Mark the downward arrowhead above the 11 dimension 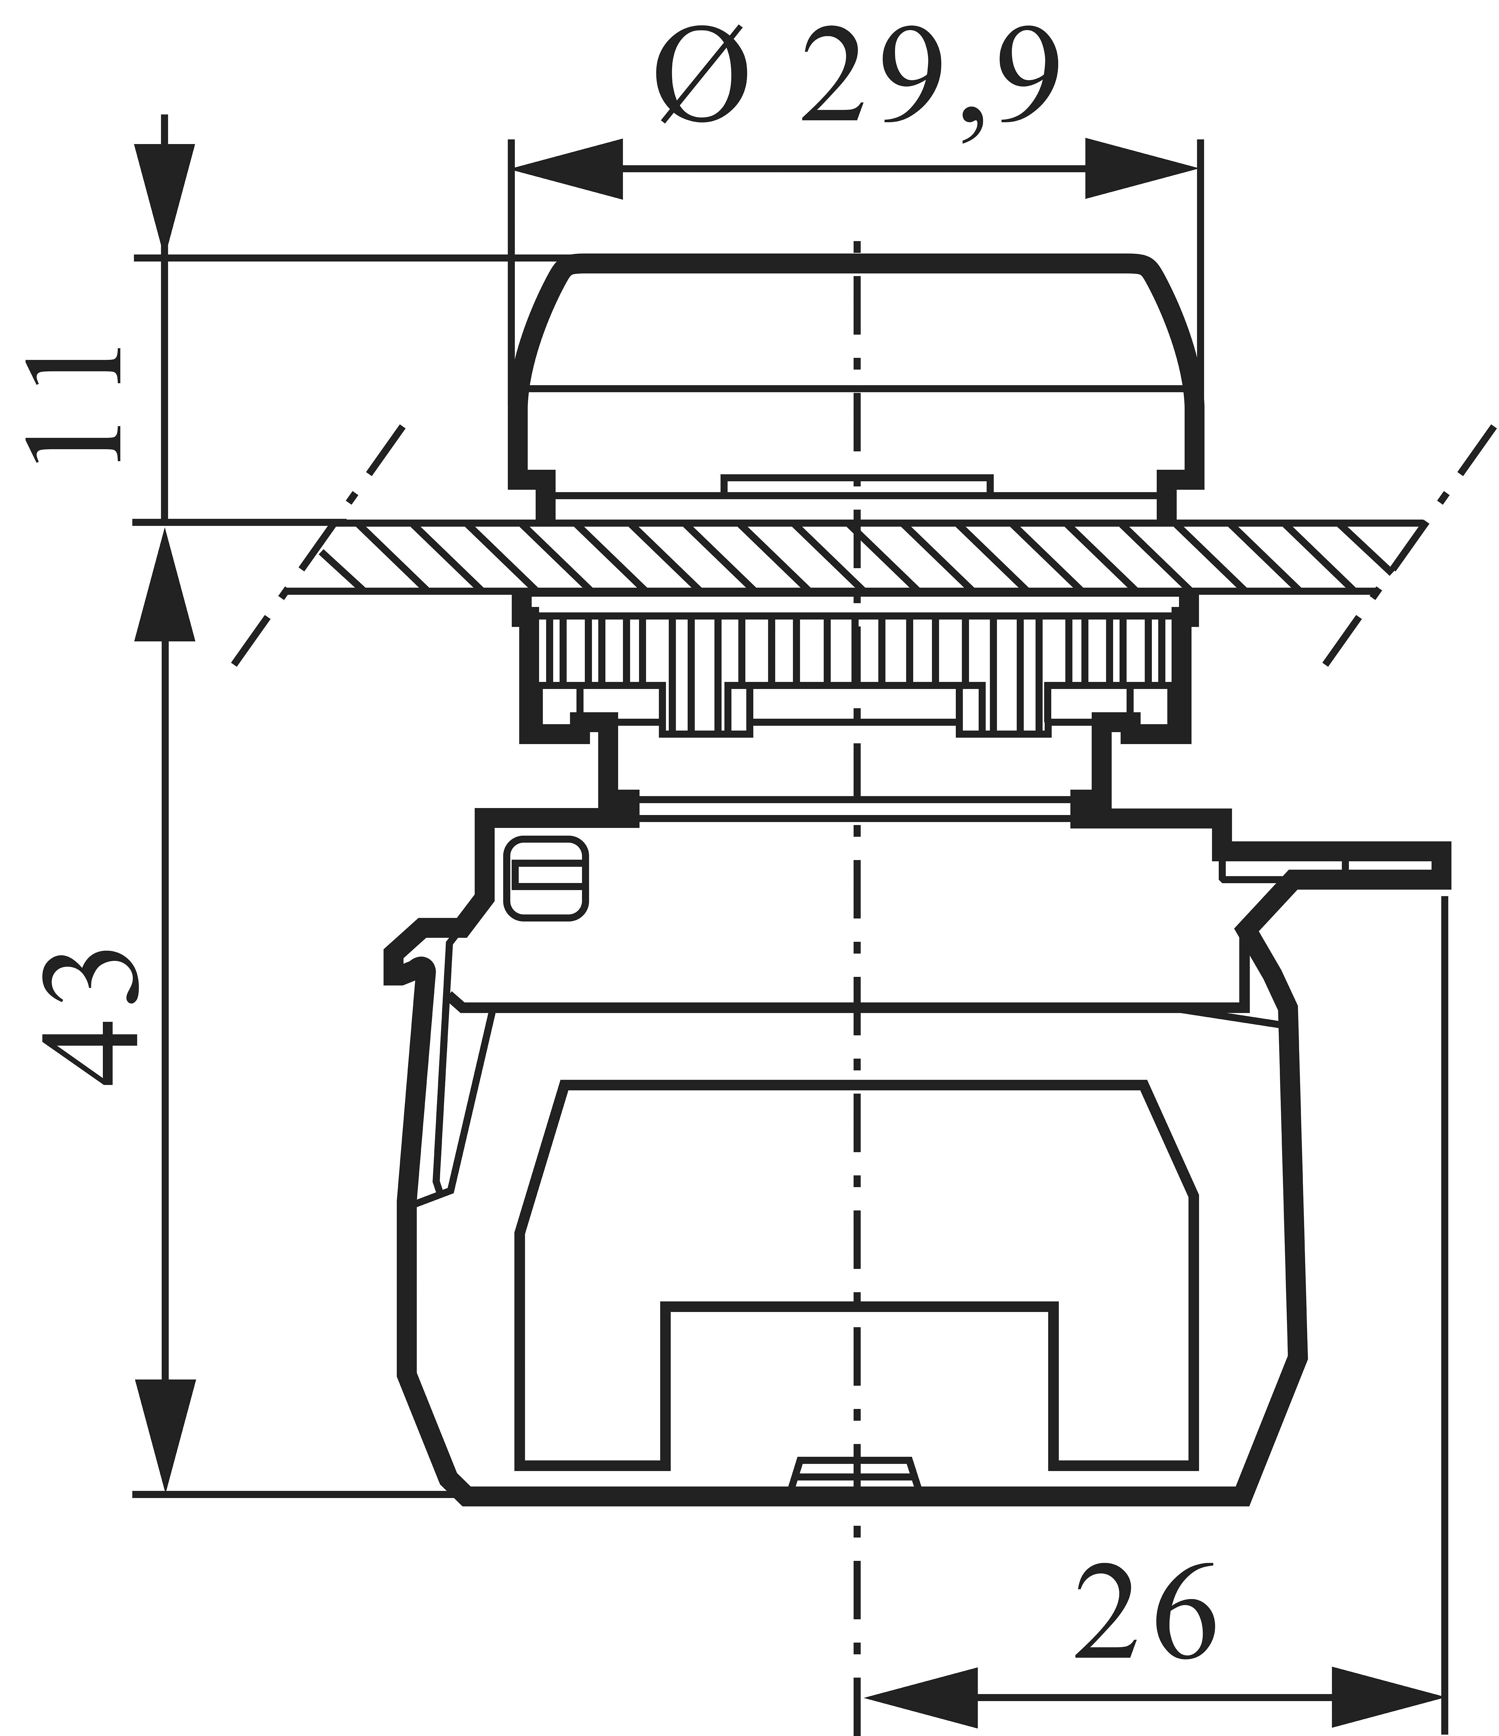click(165, 197)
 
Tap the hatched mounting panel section click(855, 557)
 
